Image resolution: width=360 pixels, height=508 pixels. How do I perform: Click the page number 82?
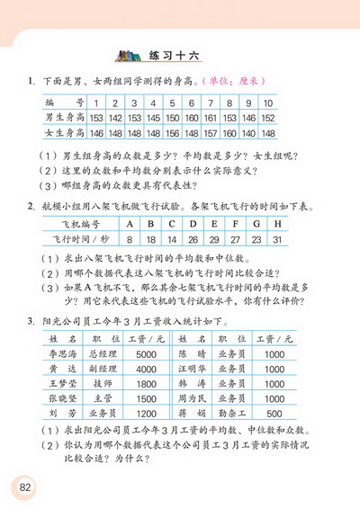[x=21, y=486]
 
